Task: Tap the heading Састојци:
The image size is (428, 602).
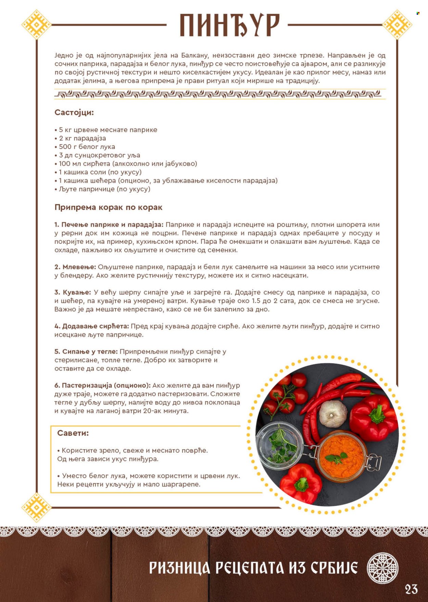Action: tap(74, 112)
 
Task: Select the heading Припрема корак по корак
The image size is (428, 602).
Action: tap(108, 207)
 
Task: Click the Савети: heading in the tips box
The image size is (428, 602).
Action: tap(73, 433)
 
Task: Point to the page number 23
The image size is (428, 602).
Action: tap(411, 589)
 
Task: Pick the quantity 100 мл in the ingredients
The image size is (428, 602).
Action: tap(69, 163)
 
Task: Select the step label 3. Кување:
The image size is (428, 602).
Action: tap(73, 292)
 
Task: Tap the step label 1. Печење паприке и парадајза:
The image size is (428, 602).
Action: tap(109, 225)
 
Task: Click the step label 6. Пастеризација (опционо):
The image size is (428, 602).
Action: tap(102, 385)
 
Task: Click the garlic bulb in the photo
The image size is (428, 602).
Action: tap(332, 414)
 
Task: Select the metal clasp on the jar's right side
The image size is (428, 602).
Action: tap(373, 462)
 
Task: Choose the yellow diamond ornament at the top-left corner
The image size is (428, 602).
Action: tap(36, 24)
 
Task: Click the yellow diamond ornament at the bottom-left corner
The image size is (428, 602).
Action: tap(36, 507)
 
